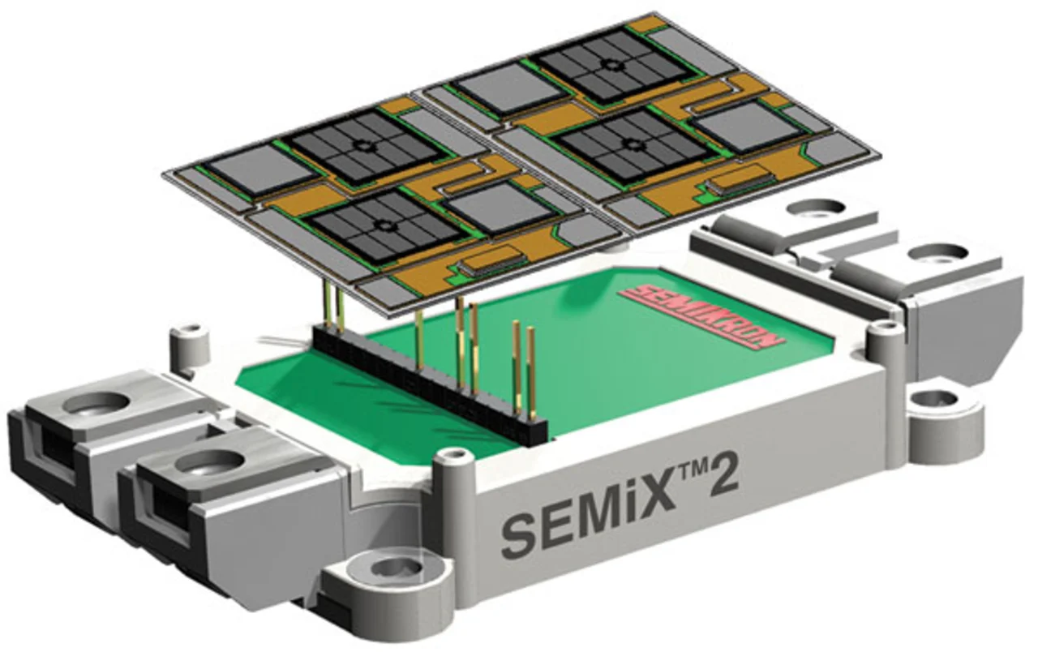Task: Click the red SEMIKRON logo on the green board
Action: [703, 316]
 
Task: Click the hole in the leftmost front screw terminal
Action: [97, 402]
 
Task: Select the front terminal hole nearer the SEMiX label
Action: [210, 461]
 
